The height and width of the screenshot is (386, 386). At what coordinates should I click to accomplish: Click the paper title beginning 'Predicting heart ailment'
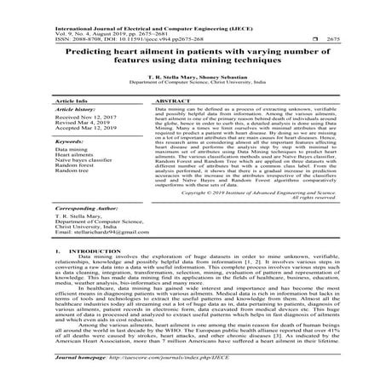[x=193, y=55]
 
